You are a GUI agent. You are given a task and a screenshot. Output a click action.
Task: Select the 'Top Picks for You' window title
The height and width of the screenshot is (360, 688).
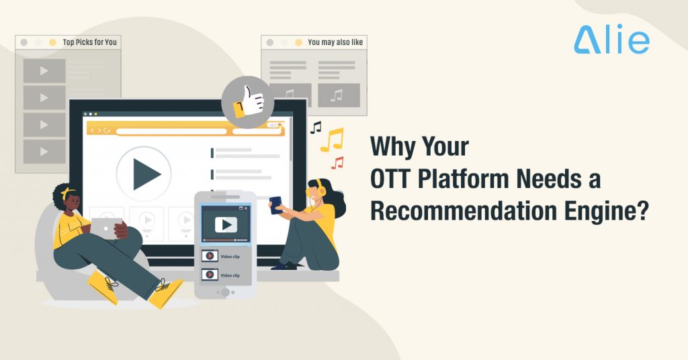pos(89,42)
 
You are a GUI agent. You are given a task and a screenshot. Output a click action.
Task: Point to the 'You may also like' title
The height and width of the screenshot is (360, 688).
pos(335,42)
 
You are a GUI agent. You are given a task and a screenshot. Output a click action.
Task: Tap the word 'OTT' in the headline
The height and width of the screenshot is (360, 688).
pos(394,179)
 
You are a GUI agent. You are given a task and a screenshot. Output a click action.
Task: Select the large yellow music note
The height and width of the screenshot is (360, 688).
pos(331,140)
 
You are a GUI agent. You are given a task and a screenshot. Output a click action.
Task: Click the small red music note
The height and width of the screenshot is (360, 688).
pos(337,163)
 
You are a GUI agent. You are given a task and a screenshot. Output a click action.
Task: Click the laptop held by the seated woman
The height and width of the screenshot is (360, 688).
pos(105,228)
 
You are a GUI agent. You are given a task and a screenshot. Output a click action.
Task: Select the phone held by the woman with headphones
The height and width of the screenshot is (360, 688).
pos(275,204)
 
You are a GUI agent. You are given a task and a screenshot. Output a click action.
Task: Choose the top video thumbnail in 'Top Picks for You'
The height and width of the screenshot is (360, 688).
pos(44,71)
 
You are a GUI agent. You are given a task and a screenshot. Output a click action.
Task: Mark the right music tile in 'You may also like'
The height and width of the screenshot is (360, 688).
pos(339,95)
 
